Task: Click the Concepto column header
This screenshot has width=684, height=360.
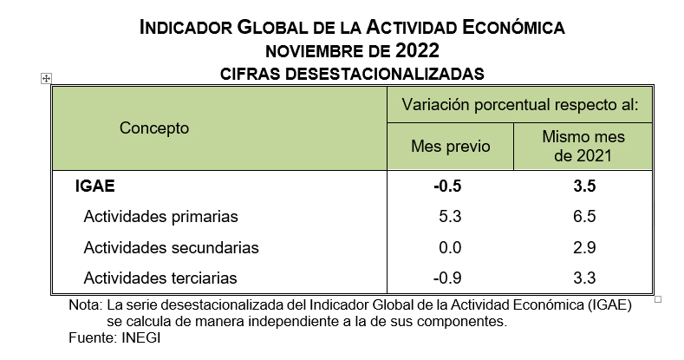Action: (154, 128)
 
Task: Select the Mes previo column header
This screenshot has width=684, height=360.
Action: (450, 146)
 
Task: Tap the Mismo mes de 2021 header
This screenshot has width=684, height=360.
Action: (583, 147)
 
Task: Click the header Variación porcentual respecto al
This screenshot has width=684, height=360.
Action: (519, 106)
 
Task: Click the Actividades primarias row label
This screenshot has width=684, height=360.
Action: (160, 216)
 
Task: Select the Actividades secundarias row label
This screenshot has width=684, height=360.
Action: (171, 247)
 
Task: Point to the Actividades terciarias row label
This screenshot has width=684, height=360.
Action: (160, 278)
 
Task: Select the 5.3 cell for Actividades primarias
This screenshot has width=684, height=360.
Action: (451, 216)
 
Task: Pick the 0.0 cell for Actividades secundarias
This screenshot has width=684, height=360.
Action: (451, 247)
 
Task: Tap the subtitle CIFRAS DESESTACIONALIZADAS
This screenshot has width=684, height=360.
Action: (352, 73)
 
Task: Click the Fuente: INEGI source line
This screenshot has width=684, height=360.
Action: (114, 337)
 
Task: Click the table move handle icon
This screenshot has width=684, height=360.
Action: (45, 78)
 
